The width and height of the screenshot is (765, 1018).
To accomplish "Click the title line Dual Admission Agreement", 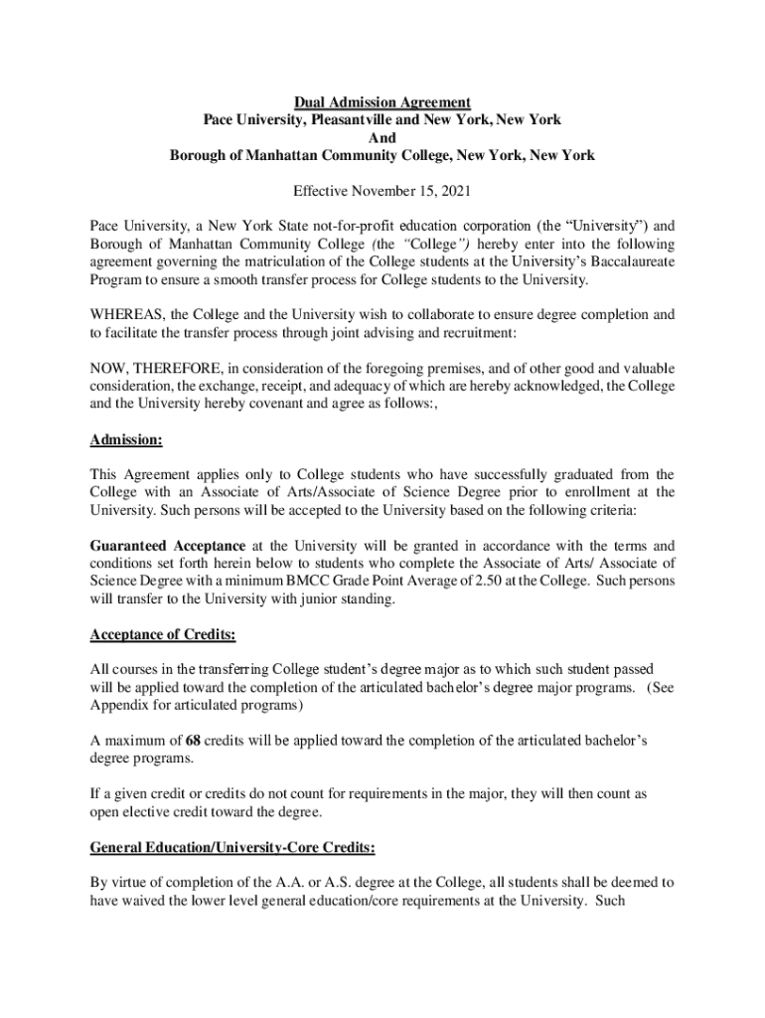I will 382,102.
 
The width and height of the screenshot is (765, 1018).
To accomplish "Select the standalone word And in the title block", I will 382,137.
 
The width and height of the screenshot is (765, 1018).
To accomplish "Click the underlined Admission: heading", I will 126,438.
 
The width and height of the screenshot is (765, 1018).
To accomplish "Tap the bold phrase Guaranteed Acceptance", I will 167,546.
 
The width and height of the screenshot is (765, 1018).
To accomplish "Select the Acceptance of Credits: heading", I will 163,634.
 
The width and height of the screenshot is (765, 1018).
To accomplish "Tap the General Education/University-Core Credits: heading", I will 232,848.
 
